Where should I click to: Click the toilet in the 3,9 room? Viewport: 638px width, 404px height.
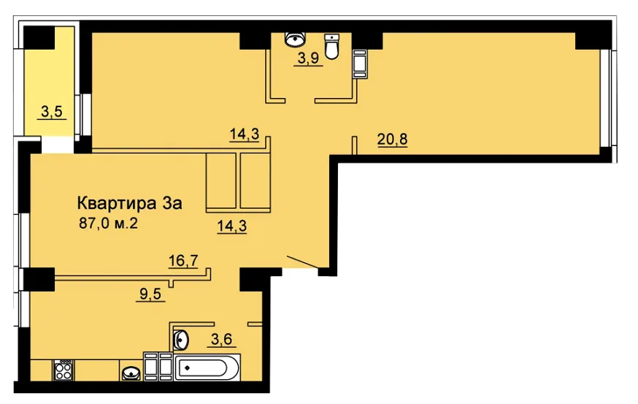coord(332,47)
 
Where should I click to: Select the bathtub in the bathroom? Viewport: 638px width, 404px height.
coord(207,367)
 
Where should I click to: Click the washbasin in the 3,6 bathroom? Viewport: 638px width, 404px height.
coord(181,339)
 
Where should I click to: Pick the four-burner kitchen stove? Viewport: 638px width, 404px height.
coord(63,370)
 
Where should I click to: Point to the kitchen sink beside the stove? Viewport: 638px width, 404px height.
coord(131,373)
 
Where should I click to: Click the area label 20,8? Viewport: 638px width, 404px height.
coord(392,140)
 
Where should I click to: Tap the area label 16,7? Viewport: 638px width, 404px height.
coord(183,260)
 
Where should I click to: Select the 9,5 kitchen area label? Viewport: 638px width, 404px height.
coord(150,294)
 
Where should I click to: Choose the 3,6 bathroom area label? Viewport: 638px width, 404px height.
coord(222,339)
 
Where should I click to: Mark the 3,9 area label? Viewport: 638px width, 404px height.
coord(309,58)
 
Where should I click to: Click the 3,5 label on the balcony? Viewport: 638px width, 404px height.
coord(52,111)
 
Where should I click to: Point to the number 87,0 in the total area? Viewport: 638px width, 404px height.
coord(94,223)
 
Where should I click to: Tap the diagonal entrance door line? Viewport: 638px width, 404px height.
coord(302,262)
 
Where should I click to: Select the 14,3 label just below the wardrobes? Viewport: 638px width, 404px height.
coord(232,226)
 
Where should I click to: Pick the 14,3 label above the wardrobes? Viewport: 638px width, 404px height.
coord(244,134)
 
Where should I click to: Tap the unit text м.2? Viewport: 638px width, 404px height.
coord(126,223)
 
